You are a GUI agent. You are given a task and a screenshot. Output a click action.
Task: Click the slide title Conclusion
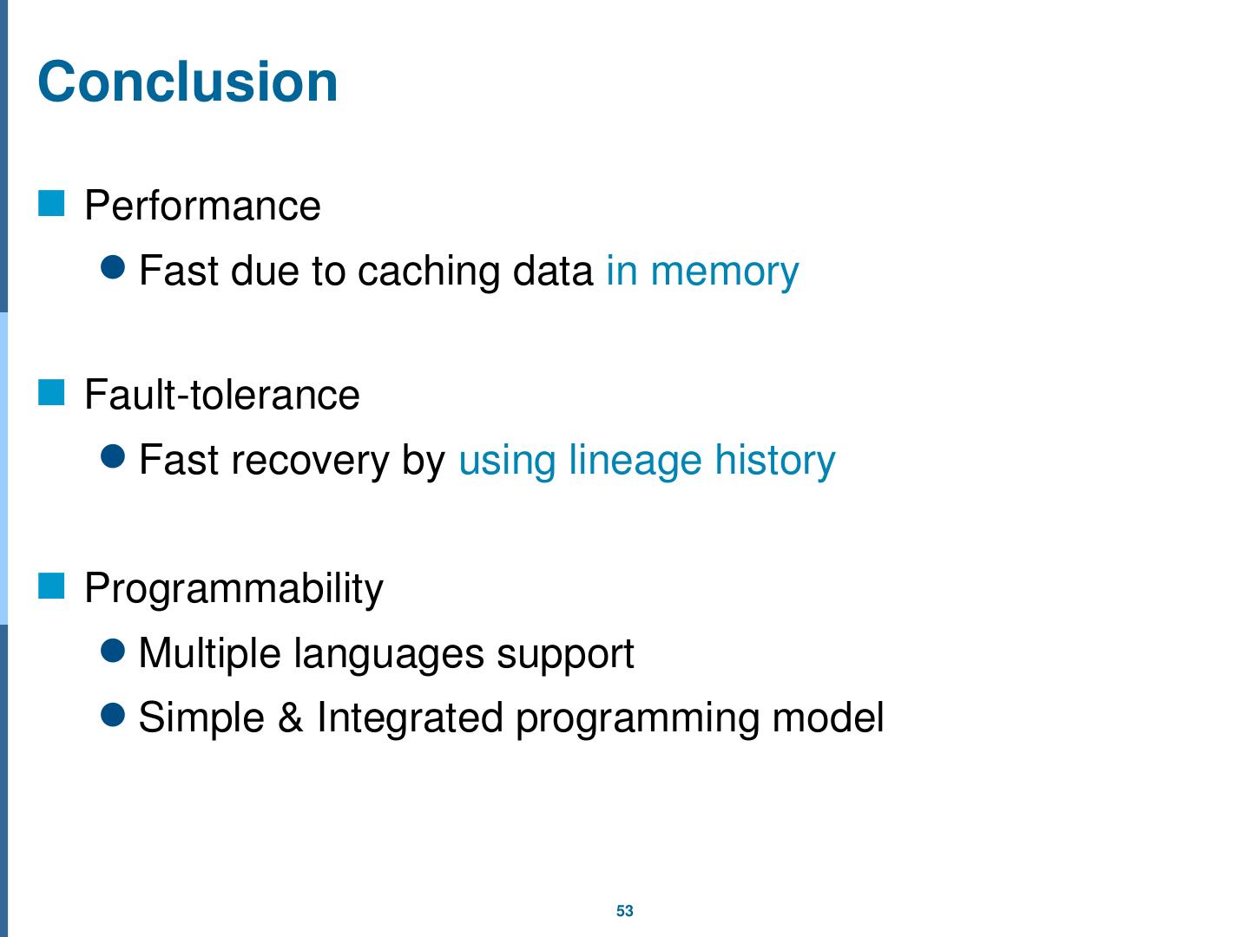(187, 82)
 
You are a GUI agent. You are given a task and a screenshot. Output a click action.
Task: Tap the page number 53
(625, 911)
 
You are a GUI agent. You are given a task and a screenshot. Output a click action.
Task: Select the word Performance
(202, 206)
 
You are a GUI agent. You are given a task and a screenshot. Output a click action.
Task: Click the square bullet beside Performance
(52, 204)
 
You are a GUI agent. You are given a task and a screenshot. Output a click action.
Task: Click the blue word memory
(724, 272)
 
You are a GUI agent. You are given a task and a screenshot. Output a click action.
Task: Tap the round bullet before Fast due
(114, 268)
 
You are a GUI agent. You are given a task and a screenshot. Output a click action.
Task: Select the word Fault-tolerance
(221, 396)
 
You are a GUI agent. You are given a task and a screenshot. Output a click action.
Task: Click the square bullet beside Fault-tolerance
(52, 393)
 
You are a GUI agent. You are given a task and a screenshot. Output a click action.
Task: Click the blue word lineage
(635, 460)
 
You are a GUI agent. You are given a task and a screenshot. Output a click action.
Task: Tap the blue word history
(774, 460)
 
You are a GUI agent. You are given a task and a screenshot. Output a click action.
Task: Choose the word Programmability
(234, 589)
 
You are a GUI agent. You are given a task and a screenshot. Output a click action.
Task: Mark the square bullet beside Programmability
(52, 587)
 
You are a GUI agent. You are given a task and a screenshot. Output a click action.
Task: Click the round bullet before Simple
(114, 715)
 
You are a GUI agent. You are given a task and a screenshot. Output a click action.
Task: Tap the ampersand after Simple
(290, 718)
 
